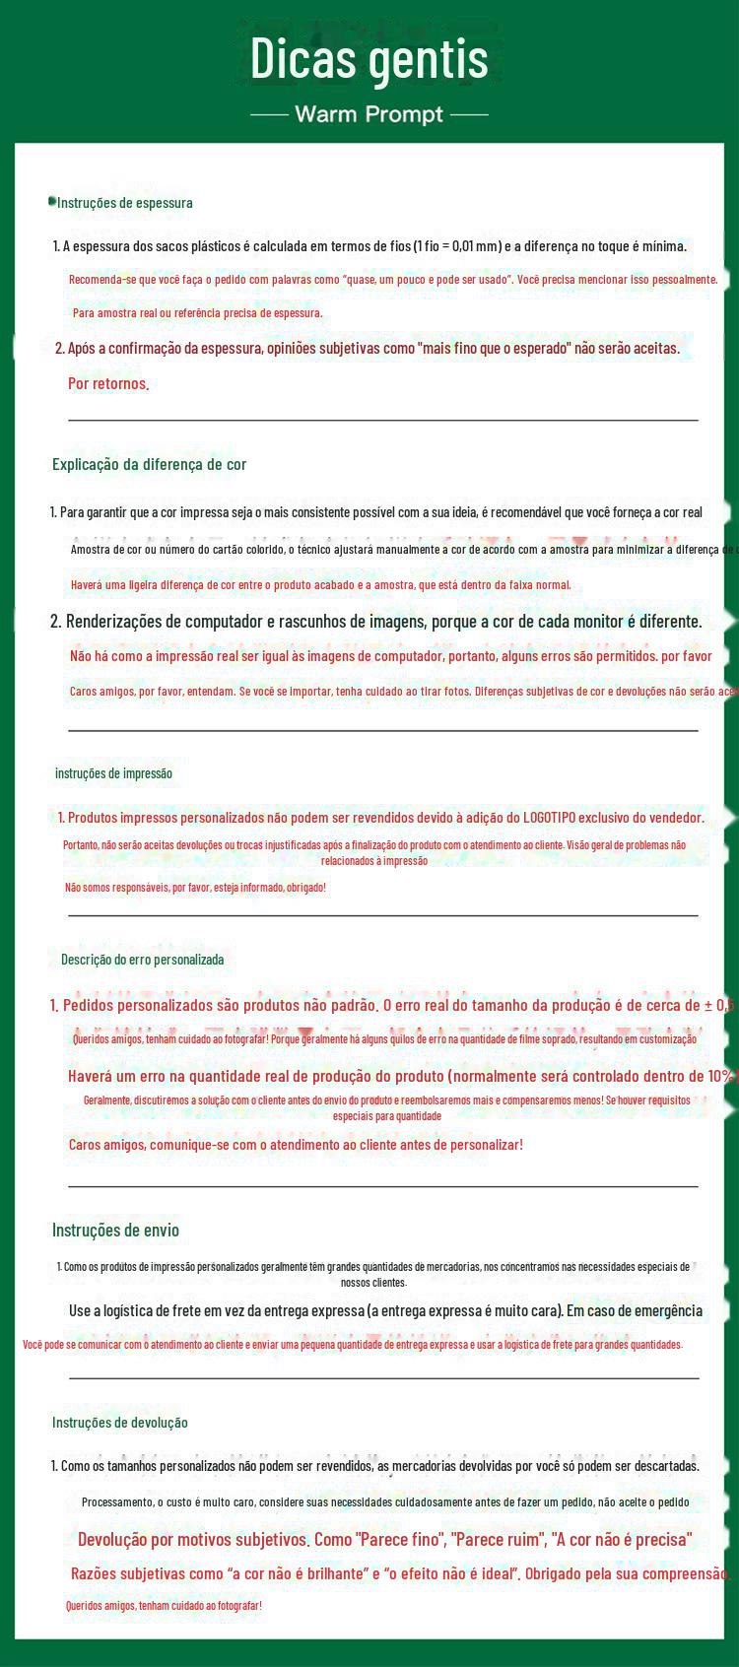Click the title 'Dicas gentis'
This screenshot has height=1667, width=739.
point(369,58)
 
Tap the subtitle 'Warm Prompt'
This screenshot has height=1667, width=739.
point(369,114)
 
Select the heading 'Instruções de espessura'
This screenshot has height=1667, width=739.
point(125,203)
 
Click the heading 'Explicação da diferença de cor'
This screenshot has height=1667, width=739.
point(149,464)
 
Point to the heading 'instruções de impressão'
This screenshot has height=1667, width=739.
point(113,773)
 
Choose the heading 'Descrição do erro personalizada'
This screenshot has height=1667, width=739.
point(142,959)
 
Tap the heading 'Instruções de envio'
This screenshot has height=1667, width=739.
point(115,1230)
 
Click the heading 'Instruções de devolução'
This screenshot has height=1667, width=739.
point(119,1422)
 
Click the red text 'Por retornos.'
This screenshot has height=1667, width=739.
point(108,383)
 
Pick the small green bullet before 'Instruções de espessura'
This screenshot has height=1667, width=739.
point(51,202)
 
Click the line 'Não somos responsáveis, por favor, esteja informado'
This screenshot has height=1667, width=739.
point(195,887)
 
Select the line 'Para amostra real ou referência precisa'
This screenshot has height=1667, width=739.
point(197,312)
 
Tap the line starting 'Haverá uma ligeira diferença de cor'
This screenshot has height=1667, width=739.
point(320,584)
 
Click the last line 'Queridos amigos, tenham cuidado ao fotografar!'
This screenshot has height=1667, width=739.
point(164,1605)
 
